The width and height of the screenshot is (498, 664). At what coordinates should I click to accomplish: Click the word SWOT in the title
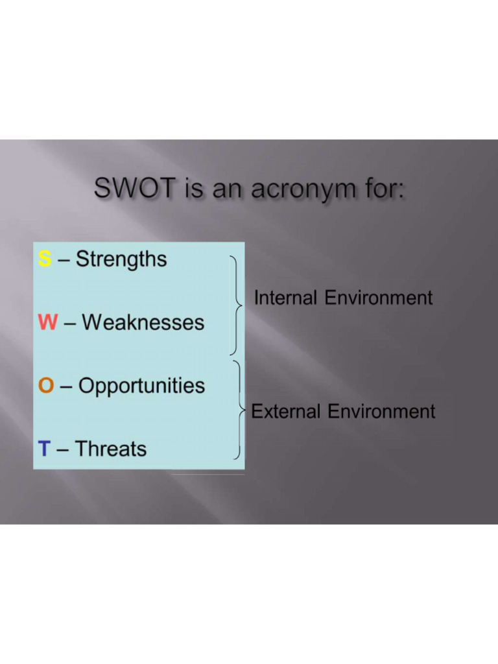134,189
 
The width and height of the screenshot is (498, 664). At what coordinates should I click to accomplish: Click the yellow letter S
44,259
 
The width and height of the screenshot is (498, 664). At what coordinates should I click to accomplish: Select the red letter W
48,322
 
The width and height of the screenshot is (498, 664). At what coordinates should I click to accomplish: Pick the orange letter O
46,386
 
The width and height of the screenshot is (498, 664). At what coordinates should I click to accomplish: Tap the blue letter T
43,448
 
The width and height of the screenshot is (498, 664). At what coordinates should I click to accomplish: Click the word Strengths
121,259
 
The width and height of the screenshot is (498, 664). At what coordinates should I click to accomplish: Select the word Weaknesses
143,322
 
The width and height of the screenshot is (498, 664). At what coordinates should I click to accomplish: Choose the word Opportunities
141,386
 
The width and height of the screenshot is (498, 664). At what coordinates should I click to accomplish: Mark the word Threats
111,448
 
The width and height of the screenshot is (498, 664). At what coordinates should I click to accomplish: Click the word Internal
286,298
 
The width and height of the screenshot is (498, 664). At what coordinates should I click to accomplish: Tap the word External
286,412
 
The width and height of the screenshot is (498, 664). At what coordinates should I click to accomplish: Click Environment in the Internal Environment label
378,298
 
